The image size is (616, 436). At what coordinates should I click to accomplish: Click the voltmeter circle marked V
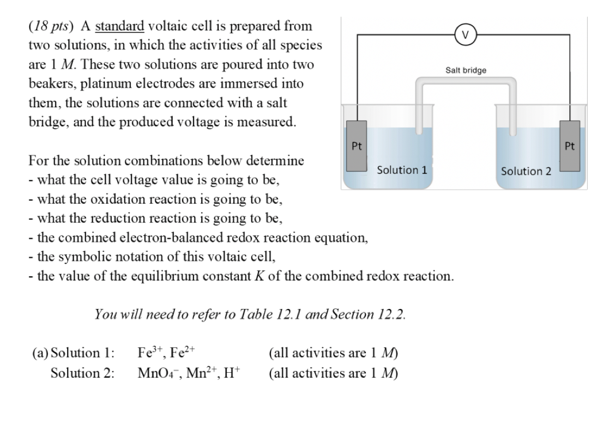click(x=464, y=35)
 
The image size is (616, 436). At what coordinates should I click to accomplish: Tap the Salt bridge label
click(x=466, y=70)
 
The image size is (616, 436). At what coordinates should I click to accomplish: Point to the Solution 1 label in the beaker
click(x=402, y=170)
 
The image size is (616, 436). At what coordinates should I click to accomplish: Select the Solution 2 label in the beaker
click(x=526, y=171)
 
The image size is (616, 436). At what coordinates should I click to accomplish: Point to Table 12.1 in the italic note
click(x=277, y=314)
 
